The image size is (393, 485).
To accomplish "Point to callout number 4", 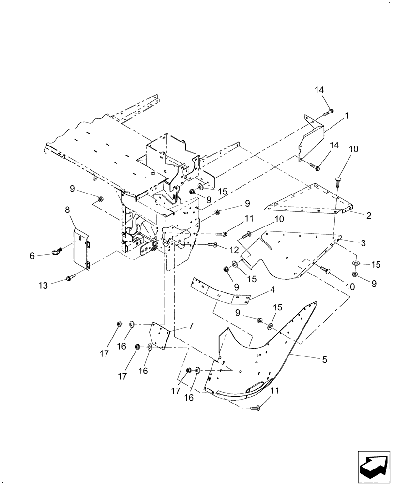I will point(272,291).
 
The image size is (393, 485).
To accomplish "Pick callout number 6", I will point(33,256).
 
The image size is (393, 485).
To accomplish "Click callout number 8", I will point(67,210).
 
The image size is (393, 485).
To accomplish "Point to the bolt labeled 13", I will point(70,278).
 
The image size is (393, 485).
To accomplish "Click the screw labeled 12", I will point(212,245).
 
